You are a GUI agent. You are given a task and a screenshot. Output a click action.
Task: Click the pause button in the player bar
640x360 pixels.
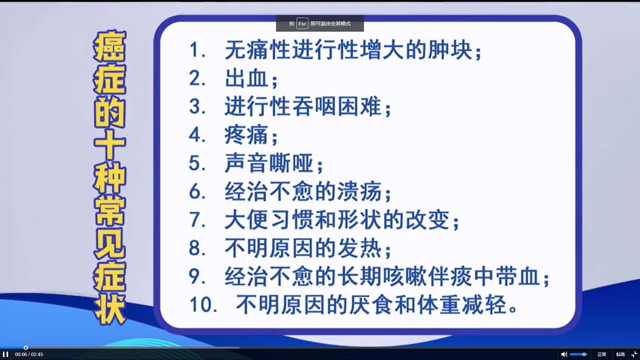pos(5,354)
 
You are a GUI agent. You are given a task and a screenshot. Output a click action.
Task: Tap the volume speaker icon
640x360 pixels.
pos(564,354)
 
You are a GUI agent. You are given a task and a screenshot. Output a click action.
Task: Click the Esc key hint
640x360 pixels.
pos(302,23)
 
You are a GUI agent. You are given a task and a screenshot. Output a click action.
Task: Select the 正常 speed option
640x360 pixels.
pos(602,354)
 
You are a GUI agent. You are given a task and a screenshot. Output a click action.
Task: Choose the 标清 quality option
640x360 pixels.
pos(620,354)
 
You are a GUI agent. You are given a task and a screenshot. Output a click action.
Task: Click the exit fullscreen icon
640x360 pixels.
pos(634,354)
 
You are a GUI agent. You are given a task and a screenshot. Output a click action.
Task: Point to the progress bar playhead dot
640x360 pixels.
pos(26,348)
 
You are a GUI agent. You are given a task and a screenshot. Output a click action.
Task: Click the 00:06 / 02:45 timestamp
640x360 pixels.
pos(29,354)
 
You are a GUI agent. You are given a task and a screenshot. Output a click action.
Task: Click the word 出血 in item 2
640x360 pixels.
pos(247,79)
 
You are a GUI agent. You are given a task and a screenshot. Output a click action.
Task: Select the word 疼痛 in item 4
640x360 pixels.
pos(247,135)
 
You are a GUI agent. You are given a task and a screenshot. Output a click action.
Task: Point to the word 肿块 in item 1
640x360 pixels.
pos(450,50)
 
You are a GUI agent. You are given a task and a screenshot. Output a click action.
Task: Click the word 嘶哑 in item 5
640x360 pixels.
pos(291,163)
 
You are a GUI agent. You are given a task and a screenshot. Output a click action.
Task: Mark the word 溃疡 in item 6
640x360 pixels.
pos(360,192)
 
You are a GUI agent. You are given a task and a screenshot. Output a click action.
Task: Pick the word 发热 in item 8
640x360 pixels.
pos(360,248)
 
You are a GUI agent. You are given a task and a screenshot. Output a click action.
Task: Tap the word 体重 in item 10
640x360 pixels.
pos(439,305)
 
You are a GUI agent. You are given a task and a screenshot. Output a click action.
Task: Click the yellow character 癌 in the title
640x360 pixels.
pos(109,46)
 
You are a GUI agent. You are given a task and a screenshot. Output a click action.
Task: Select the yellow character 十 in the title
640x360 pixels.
pos(109,145)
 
